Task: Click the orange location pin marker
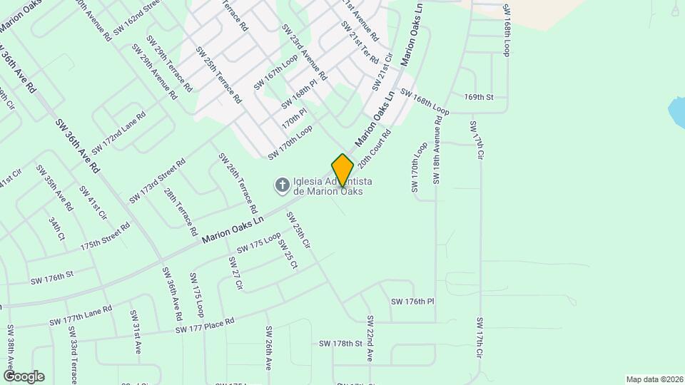pos(342,169)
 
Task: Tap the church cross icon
pos(283,186)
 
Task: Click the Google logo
pos(24,376)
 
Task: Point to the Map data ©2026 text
pos(654,379)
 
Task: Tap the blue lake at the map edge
pos(676,111)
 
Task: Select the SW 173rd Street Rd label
pos(157,180)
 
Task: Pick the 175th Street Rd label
pos(105,236)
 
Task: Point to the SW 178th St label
pos(341,344)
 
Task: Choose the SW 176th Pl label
pos(412,302)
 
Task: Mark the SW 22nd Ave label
pos(370,338)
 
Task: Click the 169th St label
pos(479,96)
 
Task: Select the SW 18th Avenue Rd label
pos(437,149)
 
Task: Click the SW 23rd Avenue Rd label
pos(304,52)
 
